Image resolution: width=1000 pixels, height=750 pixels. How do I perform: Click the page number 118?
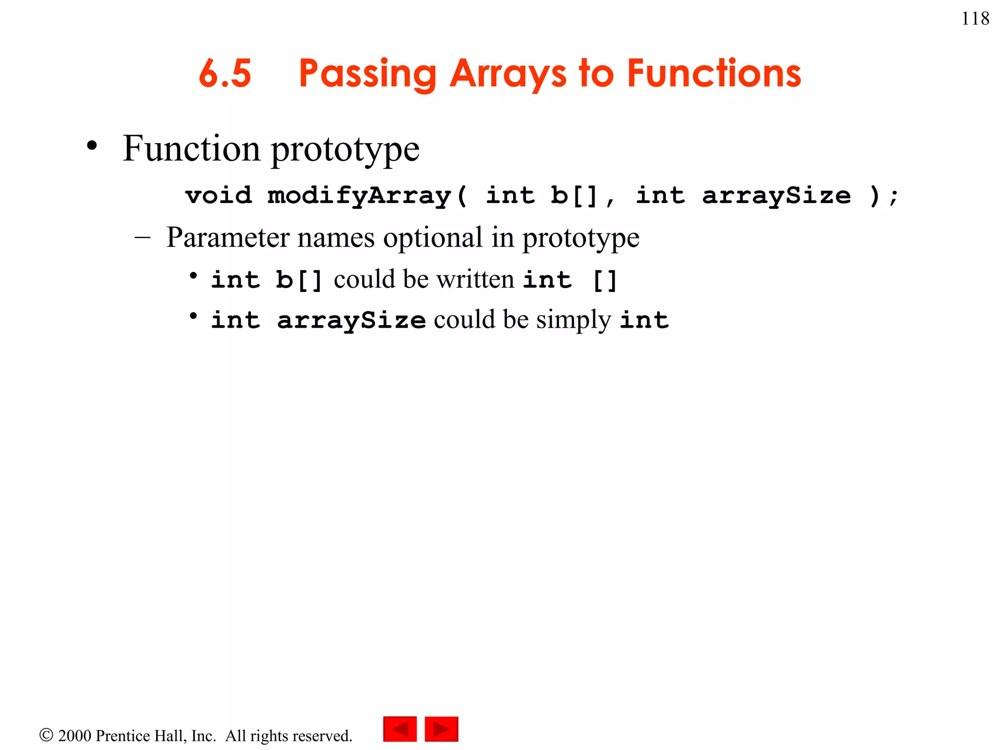(975, 19)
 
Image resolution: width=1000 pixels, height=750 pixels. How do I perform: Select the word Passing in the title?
(367, 74)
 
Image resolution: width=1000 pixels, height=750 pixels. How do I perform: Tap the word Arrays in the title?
(508, 74)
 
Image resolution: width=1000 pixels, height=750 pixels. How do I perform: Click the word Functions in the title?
(714, 73)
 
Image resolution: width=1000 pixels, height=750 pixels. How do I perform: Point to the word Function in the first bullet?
(191, 148)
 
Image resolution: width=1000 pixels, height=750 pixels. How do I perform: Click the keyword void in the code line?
(219, 196)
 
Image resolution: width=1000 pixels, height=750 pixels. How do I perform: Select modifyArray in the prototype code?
(359, 196)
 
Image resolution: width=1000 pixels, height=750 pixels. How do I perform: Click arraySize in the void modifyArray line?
(776, 196)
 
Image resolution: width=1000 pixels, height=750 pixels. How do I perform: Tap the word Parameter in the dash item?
(228, 238)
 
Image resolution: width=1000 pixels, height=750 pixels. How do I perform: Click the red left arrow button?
(400, 729)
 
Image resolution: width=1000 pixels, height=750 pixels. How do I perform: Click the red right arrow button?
(441, 729)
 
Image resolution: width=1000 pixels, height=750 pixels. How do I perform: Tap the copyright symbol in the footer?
(46, 735)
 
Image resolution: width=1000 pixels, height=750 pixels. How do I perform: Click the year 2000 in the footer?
(75, 736)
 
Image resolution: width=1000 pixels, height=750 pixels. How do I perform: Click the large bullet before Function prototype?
(92, 146)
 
